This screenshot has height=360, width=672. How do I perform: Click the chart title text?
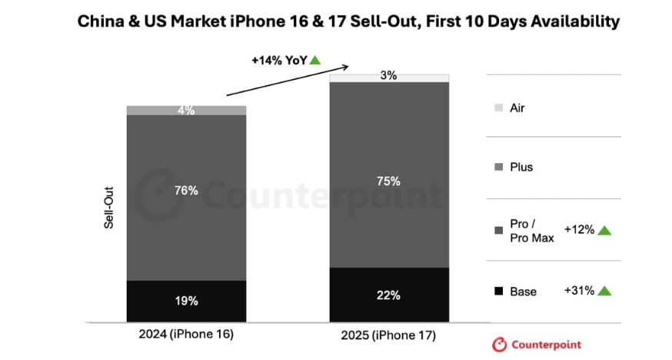tap(348, 22)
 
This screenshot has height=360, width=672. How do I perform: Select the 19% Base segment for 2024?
tap(186, 301)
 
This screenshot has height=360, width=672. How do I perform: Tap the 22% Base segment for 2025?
tap(389, 295)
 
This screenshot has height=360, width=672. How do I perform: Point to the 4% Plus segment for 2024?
tap(186, 111)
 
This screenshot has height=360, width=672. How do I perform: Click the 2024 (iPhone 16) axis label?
tap(186, 335)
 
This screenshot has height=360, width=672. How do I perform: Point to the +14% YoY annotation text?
tap(279, 60)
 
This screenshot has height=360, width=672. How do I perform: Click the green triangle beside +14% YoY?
tap(315, 60)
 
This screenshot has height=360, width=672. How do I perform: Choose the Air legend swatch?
tap(498, 108)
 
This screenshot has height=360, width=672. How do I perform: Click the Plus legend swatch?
tap(498, 167)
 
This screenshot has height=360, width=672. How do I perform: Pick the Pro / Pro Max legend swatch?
tap(498, 230)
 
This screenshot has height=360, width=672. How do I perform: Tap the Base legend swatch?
tap(498, 292)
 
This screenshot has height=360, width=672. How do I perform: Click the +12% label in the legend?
tap(579, 230)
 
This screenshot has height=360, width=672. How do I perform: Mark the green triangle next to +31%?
tap(604, 292)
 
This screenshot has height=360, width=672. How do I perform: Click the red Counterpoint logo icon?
tap(500, 345)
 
